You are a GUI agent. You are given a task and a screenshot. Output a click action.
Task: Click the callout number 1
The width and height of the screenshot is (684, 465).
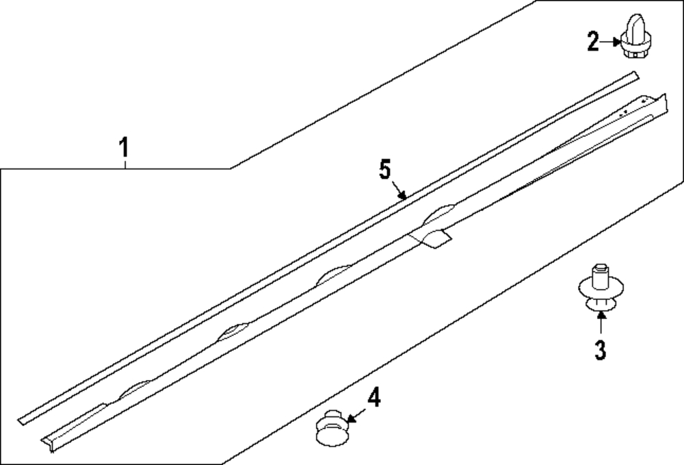(124, 147)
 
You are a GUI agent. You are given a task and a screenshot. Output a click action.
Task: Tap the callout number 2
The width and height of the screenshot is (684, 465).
(593, 42)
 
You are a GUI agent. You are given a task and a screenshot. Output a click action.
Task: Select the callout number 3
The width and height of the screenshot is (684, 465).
(601, 350)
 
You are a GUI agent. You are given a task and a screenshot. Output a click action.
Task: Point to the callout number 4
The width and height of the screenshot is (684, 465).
(374, 398)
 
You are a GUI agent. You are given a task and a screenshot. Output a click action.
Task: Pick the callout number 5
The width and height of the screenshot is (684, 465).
(384, 169)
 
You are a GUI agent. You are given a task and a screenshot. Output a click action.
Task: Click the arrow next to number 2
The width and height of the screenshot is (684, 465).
(610, 42)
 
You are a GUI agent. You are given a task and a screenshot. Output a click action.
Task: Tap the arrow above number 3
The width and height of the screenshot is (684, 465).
(601, 323)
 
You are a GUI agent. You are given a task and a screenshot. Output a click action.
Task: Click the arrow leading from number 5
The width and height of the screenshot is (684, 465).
(399, 190)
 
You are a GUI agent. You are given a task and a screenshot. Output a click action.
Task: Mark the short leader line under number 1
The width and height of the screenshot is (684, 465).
(125, 164)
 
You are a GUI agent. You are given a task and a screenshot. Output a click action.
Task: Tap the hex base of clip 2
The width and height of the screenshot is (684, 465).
(632, 53)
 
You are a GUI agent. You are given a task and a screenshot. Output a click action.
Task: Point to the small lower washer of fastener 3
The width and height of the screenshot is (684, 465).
(601, 304)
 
